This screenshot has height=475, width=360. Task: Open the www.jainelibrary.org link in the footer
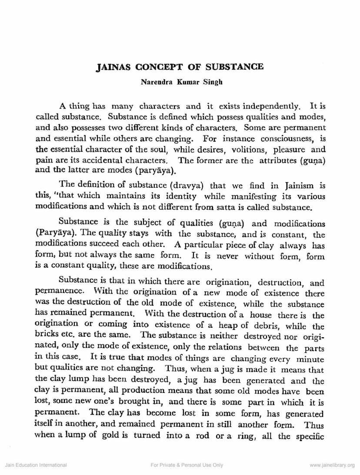[x=332, y=465]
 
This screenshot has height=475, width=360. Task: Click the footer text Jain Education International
[x=36, y=465]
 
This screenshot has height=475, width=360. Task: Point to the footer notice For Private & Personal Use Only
[x=187, y=465]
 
